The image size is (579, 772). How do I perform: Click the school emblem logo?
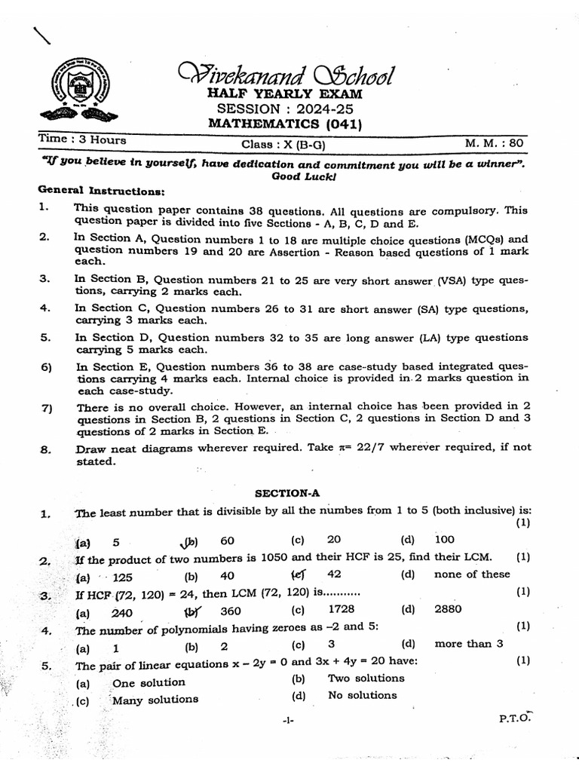(x=78, y=91)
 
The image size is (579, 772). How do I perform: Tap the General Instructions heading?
(x=96, y=192)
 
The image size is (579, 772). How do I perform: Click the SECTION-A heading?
(x=287, y=493)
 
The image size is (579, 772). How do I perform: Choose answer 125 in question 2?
(x=122, y=577)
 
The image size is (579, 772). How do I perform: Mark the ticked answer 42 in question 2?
(x=335, y=574)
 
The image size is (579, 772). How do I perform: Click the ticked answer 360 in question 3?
(x=230, y=611)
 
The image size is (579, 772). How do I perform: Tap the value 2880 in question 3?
(x=449, y=609)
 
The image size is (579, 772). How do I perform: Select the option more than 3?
(x=468, y=643)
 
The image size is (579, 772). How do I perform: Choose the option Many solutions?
(x=155, y=699)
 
